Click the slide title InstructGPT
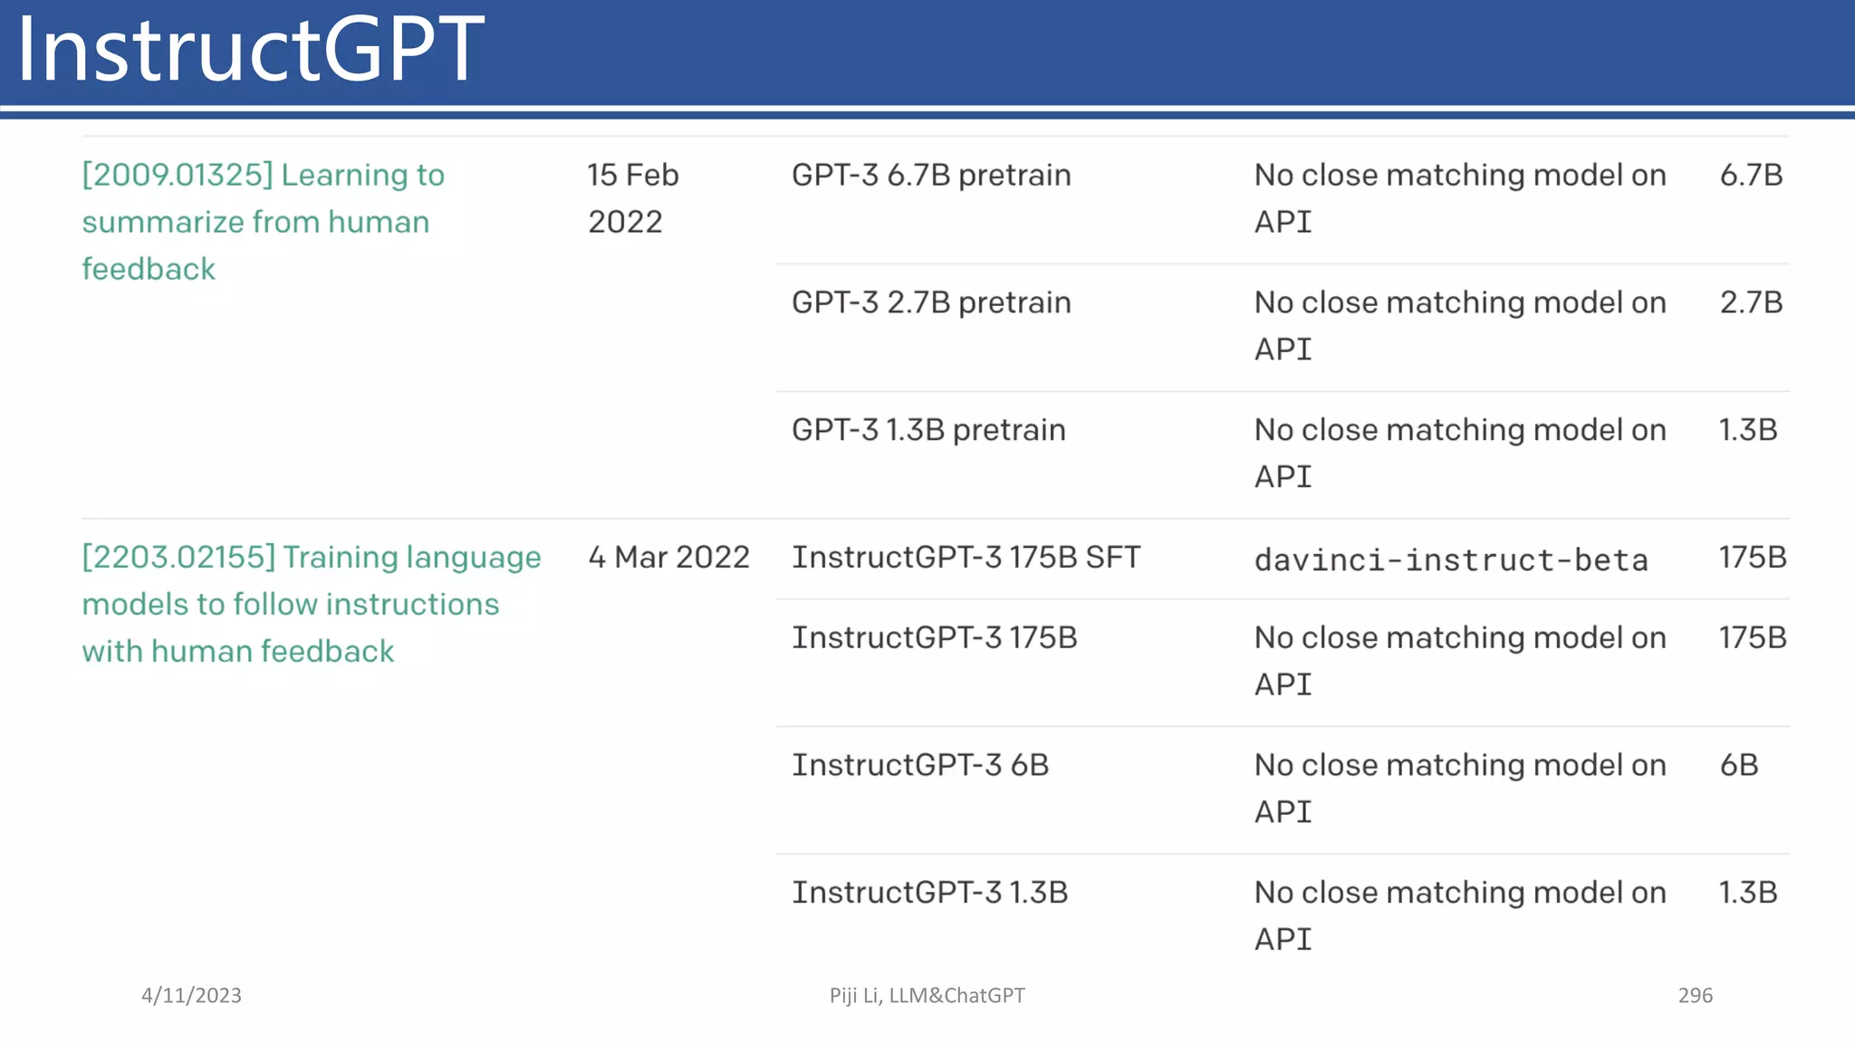[250, 50]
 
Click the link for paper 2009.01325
[263, 221]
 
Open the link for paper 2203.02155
[311, 603]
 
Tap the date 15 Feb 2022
[632, 197]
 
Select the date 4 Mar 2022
[668, 557]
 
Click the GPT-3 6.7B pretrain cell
[931, 175]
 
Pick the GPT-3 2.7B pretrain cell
[931, 302]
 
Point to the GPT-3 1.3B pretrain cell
[928, 430]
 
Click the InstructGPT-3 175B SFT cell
[966, 557]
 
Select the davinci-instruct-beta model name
[1451, 560]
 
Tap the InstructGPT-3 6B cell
[920, 765]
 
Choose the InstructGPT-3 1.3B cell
[930, 893]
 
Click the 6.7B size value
[1751, 175]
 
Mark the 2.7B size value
[1751, 302]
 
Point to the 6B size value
[1739, 765]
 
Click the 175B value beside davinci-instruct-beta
[1753, 557]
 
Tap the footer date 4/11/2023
[191, 995]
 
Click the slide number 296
[1695, 995]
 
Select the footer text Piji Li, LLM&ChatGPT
[927, 995]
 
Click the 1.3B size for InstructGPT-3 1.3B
[1748, 893]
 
